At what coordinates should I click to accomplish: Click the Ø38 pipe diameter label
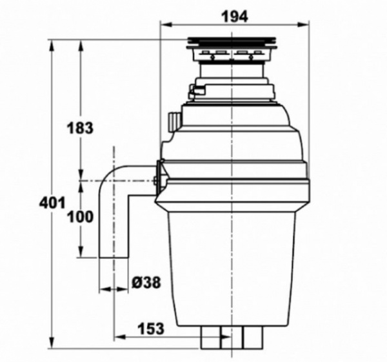pyautogui.click(x=146, y=282)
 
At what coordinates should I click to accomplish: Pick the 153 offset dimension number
pyautogui.click(x=150, y=327)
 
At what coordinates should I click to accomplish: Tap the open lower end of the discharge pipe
pyautogui.click(x=114, y=257)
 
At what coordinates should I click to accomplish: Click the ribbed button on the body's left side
pyautogui.click(x=173, y=121)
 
